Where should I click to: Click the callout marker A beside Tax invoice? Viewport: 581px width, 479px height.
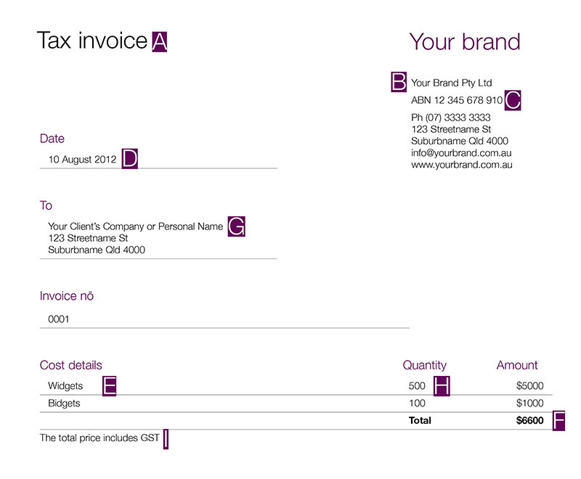click(x=160, y=42)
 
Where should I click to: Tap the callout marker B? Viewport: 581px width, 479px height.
click(x=399, y=82)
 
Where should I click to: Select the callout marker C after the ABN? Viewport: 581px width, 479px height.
click(x=513, y=100)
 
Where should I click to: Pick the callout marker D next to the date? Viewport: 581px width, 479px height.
click(x=129, y=159)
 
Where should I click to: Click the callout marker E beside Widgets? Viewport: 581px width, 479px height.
click(x=109, y=386)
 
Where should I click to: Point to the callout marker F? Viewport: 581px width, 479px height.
click(x=558, y=420)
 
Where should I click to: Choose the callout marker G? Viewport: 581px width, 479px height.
click(x=237, y=226)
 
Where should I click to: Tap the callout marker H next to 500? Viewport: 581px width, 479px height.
click(x=442, y=386)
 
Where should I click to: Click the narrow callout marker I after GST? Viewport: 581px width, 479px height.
click(x=166, y=438)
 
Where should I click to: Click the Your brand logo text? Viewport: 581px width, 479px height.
click(x=465, y=41)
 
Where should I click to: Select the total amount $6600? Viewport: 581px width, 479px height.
click(x=529, y=420)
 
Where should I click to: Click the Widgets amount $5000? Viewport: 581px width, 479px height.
click(x=529, y=386)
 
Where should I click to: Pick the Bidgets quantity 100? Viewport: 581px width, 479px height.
click(x=417, y=403)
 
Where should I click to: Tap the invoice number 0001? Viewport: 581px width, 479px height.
click(x=59, y=319)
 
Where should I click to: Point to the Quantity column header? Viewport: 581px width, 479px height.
click(x=425, y=365)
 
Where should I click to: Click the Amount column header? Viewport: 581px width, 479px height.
click(x=517, y=365)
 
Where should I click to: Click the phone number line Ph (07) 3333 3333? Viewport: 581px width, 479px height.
click(x=450, y=118)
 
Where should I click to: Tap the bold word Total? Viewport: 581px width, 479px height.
click(x=420, y=420)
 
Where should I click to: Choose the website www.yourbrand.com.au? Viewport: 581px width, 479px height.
click(x=462, y=165)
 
